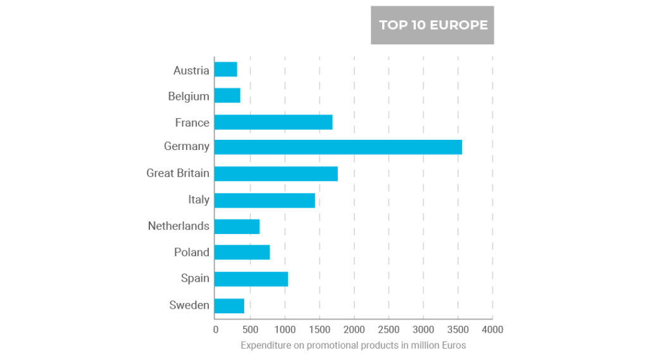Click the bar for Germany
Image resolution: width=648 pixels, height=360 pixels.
[x=338, y=147]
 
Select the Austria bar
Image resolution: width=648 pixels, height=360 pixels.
[x=226, y=70]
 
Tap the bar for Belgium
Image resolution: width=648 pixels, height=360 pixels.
[x=227, y=96]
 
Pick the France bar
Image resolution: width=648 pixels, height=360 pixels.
[x=273, y=122]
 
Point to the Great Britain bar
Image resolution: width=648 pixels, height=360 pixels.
[x=276, y=173]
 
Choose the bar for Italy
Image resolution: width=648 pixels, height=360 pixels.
[x=265, y=200]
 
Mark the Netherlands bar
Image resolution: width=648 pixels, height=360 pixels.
[x=237, y=227]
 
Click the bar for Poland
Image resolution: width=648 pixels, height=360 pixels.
[x=242, y=252]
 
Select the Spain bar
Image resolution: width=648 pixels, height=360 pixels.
[x=251, y=278]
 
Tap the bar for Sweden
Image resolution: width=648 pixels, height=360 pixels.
[x=229, y=306]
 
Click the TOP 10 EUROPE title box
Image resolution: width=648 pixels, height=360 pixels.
[x=433, y=25]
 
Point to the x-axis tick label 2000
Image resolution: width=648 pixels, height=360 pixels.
[x=354, y=330]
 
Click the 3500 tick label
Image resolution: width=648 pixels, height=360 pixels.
[x=458, y=330]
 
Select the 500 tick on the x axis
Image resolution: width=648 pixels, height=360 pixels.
[x=251, y=330]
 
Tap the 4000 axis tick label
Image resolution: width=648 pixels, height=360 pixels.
[x=492, y=330]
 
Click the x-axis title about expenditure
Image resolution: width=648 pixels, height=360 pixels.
[x=353, y=345]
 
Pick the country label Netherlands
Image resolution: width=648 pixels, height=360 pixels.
[x=178, y=226]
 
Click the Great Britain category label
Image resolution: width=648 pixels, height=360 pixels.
[x=178, y=173]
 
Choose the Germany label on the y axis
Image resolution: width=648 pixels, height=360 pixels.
[x=187, y=147]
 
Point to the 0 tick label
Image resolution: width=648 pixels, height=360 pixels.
[x=216, y=330]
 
